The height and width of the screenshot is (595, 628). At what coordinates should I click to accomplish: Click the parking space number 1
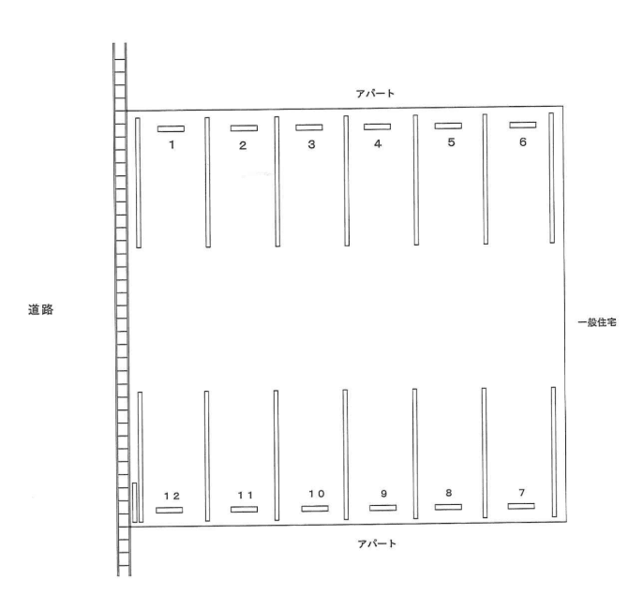(172, 145)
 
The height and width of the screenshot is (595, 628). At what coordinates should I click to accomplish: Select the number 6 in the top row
(523, 142)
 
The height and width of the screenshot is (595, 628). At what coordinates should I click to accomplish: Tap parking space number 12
(172, 496)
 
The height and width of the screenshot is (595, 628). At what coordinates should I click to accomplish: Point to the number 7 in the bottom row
(521, 493)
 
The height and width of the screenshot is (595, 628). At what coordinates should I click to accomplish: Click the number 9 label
(383, 494)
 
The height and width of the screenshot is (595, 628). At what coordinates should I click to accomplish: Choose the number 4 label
(378, 143)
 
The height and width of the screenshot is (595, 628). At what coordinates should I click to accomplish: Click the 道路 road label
(40, 309)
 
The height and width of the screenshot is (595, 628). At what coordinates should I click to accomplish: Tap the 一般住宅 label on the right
(597, 322)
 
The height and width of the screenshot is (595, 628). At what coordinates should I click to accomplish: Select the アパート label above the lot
(375, 94)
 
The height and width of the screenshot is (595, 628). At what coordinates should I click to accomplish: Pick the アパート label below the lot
(377, 543)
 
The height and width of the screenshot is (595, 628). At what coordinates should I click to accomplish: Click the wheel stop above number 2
(244, 128)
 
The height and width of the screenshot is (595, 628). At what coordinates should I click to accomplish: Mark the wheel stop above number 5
(448, 126)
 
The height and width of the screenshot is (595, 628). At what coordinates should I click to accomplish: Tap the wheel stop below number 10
(315, 509)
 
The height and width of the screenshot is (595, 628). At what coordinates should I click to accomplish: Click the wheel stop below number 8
(448, 507)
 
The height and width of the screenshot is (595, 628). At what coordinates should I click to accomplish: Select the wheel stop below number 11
(244, 510)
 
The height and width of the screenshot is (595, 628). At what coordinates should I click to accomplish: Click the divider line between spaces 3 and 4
(347, 181)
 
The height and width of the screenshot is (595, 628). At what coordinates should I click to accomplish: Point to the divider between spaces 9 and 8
(415, 454)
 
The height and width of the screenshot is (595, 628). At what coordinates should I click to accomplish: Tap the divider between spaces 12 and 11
(206, 456)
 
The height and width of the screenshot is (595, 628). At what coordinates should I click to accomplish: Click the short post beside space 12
(135, 502)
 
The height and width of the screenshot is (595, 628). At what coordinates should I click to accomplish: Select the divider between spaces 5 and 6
(486, 179)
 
